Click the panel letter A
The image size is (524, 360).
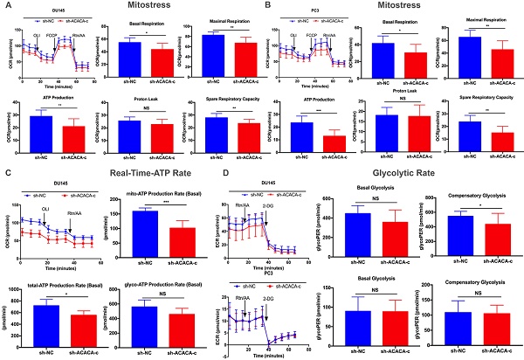[x=6, y=6]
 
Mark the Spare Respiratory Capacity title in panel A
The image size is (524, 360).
[x=214, y=99]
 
